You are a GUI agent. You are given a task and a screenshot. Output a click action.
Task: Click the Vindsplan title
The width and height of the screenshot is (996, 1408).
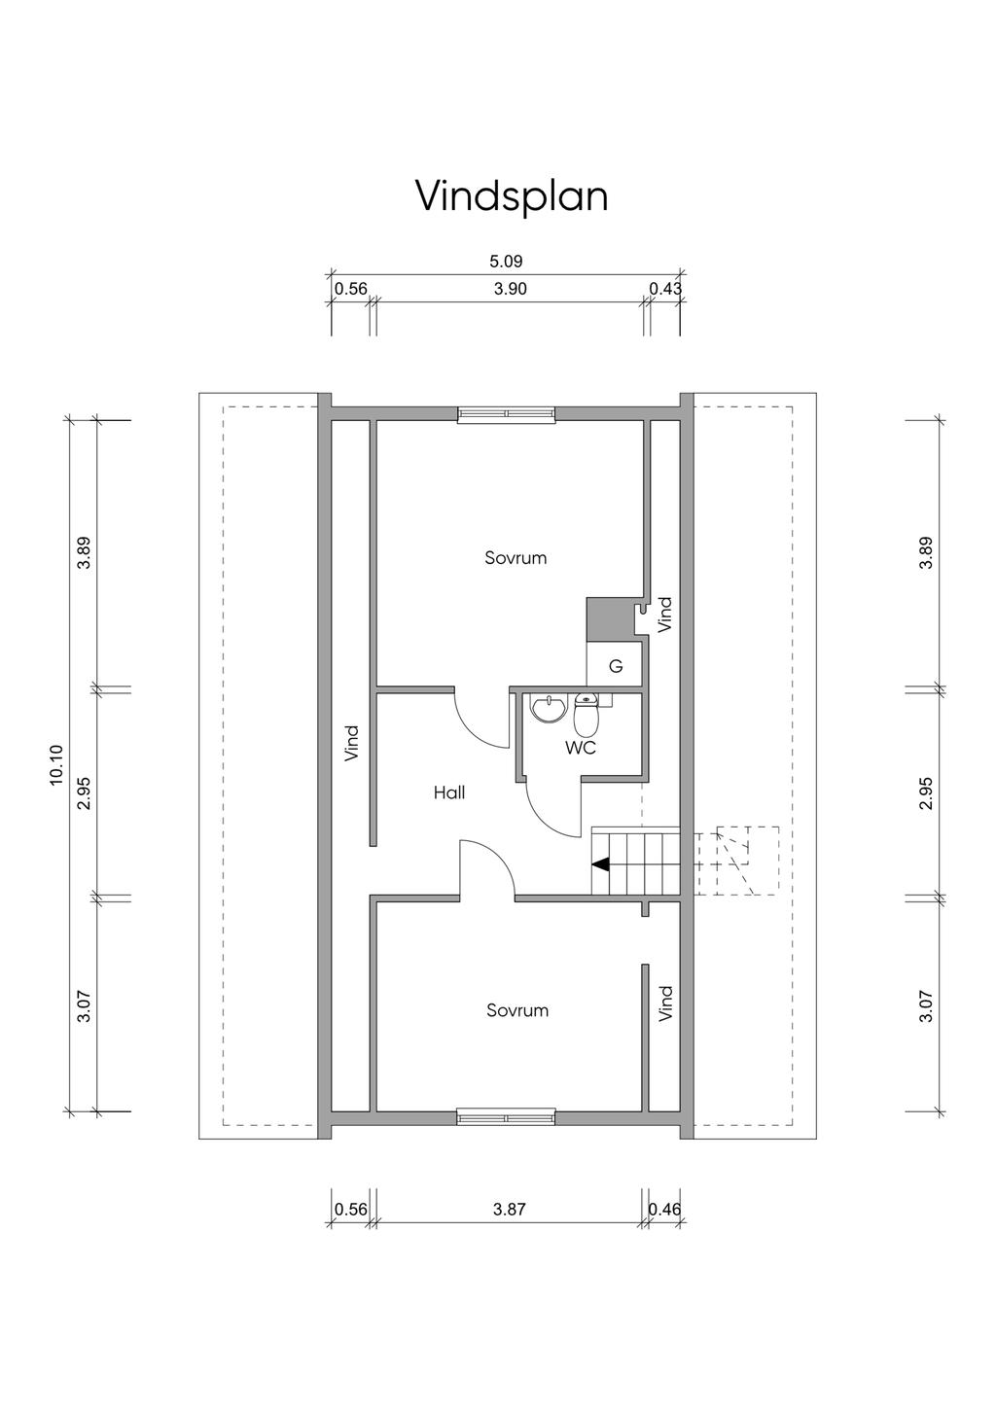(512, 196)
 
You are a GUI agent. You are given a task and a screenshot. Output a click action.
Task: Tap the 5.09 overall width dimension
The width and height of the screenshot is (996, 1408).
(506, 261)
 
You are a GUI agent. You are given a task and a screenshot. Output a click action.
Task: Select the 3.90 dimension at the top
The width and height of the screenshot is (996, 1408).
(510, 289)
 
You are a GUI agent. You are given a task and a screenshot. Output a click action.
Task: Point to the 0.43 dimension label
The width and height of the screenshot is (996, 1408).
(665, 289)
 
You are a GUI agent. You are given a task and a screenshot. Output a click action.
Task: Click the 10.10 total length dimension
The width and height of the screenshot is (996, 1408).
(56, 765)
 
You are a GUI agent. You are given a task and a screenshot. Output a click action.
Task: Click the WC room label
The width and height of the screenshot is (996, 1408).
(581, 748)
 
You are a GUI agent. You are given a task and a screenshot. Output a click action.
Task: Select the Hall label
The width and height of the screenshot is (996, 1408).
(449, 792)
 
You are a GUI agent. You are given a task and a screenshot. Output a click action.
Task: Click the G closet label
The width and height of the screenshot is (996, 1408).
(617, 666)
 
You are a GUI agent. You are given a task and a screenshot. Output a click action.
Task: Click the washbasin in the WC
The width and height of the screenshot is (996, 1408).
(548, 709)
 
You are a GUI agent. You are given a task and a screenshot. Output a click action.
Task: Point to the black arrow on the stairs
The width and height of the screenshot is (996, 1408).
(600, 864)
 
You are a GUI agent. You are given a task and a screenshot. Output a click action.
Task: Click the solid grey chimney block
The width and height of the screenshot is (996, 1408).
(608, 618)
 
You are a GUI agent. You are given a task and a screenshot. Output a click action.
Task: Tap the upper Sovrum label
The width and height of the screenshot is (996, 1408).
(516, 557)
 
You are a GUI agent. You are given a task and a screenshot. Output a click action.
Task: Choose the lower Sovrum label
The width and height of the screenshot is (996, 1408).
(517, 1010)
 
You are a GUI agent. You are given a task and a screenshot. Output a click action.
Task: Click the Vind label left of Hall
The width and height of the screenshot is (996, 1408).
(351, 743)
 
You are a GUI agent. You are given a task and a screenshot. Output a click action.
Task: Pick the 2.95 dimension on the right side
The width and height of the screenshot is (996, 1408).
(926, 793)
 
